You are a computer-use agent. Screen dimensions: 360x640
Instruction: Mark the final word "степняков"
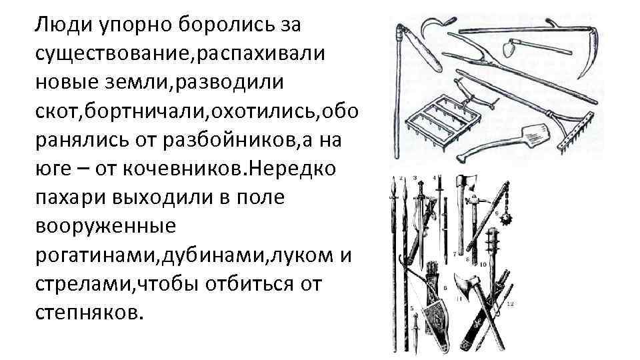pos(87,313)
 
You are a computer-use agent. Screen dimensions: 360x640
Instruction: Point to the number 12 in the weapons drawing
pos(510,305)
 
